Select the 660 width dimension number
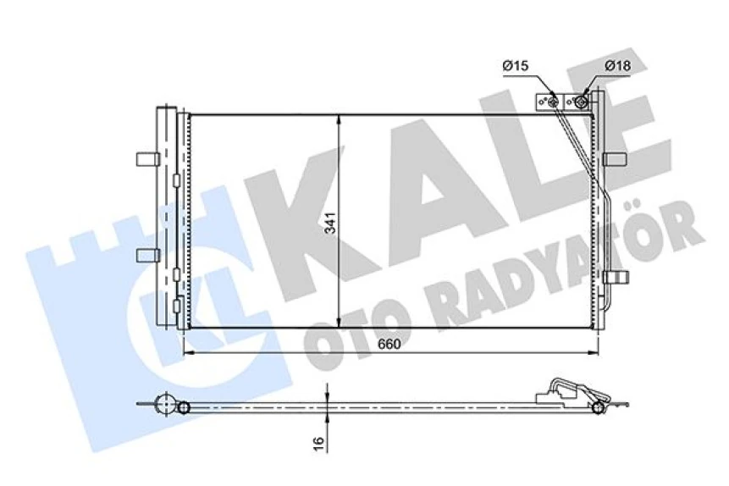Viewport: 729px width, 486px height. pos(389,345)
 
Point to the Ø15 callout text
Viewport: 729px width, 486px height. pos(515,65)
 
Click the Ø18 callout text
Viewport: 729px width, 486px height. pos(616,65)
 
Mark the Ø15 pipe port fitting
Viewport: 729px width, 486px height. pos(553,102)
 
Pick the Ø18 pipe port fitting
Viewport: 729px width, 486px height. pos(582,102)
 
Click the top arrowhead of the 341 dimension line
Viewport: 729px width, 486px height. pos(340,119)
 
